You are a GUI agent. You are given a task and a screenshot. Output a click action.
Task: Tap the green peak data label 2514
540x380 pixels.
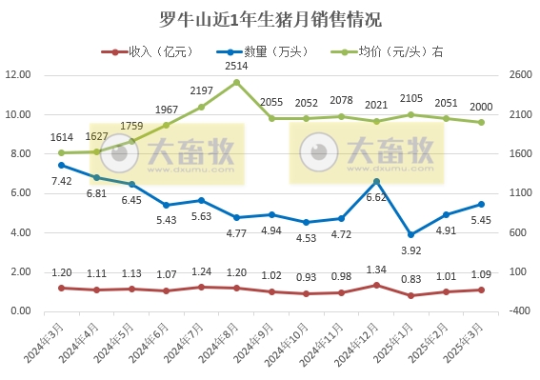pyautogui.click(x=236, y=67)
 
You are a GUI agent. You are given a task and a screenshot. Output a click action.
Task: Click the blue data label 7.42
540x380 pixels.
pyautogui.click(x=62, y=181)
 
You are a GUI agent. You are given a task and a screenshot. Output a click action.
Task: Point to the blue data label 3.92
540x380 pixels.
pyautogui.click(x=411, y=250)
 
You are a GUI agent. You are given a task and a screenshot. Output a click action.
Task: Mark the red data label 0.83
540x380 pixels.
pyautogui.click(x=411, y=279)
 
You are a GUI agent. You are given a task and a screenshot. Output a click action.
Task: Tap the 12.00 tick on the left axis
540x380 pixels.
pyautogui.click(x=19, y=75)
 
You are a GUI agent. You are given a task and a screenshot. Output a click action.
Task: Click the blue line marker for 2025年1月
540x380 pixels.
pyautogui.click(x=411, y=234)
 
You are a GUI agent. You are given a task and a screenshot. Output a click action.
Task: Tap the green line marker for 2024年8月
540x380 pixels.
pyautogui.click(x=236, y=82)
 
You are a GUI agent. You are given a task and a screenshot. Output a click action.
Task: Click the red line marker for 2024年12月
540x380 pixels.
pyautogui.click(x=376, y=285)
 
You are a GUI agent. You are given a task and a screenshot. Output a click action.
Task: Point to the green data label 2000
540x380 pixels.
pyautogui.click(x=481, y=107)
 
